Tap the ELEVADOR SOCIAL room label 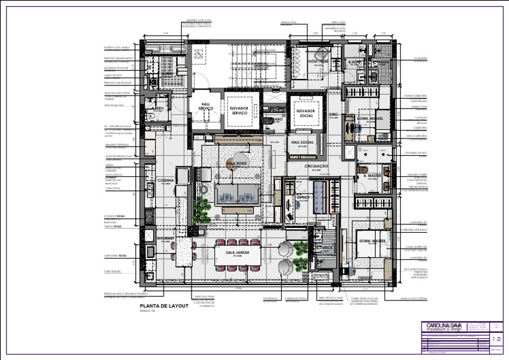tap(308, 111)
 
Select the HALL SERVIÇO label tap(205, 105)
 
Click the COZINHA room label tap(166, 180)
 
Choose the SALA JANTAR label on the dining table tap(237, 253)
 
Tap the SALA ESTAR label tap(236, 162)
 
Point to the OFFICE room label tap(304, 196)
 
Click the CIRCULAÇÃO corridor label tap(316, 166)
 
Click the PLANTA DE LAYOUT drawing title tap(160, 307)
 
